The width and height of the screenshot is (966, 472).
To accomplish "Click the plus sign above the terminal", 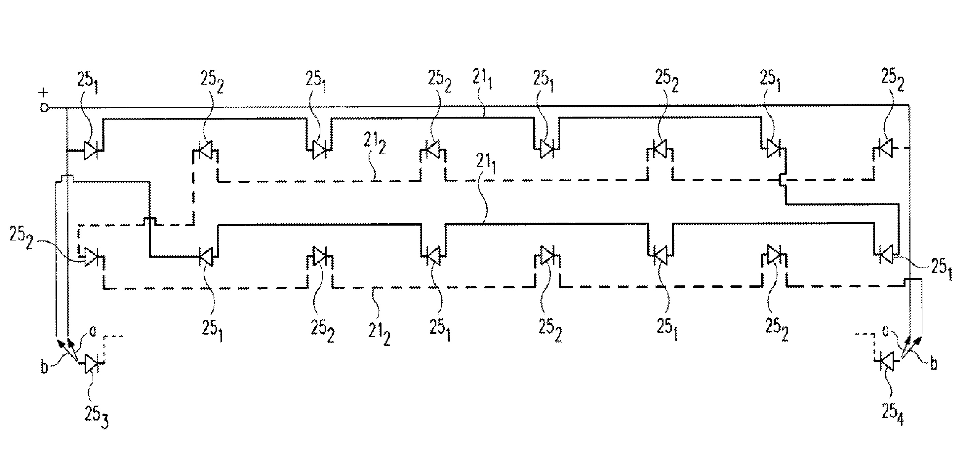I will click(x=44, y=92).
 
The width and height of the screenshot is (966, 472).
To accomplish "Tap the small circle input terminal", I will click(x=44, y=108).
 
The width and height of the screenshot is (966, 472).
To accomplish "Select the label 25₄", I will click(x=893, y=414).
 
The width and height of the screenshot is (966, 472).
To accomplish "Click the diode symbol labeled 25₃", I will click(x=91, y=364).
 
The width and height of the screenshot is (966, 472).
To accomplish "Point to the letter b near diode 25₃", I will click(x=44, y=367).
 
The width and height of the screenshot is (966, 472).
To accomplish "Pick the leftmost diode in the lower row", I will click(x=92, y=257).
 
